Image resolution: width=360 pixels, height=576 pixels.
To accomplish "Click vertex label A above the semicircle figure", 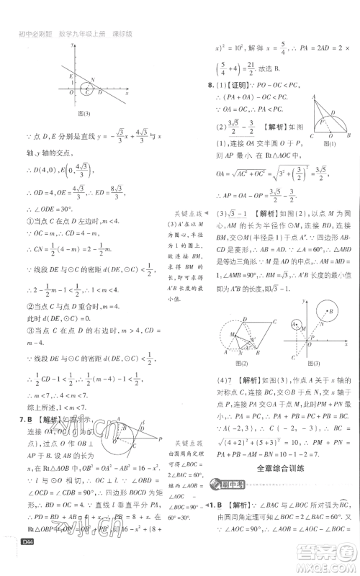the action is point(315,96).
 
